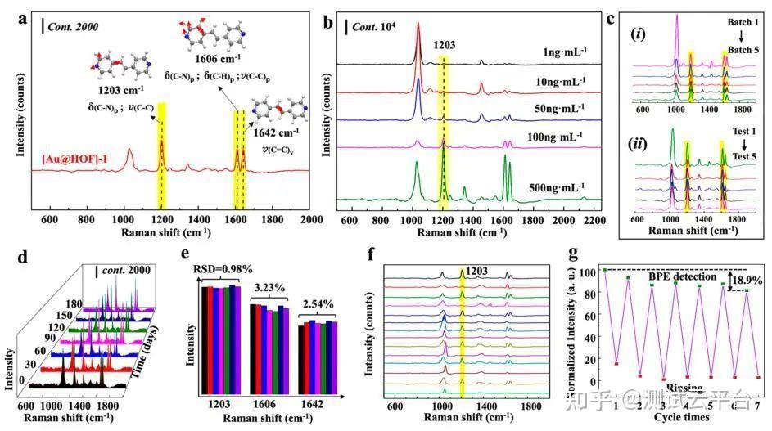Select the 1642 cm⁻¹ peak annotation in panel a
277,131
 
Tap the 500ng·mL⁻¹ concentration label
552,186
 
